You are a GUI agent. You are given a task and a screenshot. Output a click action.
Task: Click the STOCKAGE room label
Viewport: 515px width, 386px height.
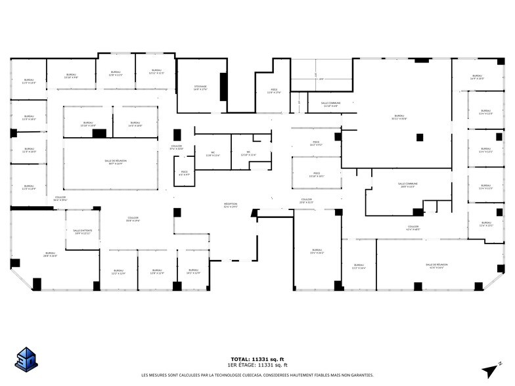click(200, 88)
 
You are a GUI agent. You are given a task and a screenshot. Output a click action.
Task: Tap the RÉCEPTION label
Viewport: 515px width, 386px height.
click(231, 205)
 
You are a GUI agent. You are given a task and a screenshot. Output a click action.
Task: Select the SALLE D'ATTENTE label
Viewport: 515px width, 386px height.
click(82, 232)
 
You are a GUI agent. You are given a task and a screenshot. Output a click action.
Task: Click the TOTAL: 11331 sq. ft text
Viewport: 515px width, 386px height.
click(257, 359)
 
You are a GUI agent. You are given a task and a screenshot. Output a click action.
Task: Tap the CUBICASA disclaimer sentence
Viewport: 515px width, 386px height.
click(257, 375)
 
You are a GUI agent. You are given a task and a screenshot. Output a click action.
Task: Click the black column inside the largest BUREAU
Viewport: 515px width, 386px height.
click(420, 137)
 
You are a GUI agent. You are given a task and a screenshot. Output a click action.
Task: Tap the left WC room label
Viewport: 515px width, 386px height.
click(213, 154)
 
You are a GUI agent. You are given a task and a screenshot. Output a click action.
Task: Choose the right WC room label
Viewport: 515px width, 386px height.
click(248, 154)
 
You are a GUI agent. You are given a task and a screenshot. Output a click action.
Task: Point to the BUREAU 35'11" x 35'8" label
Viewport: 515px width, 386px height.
click(399, 117)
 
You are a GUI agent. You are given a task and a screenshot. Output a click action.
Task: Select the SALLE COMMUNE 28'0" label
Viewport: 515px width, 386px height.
click(407, 185)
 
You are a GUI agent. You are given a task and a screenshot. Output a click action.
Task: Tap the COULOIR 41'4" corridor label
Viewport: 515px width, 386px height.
click(413, 228)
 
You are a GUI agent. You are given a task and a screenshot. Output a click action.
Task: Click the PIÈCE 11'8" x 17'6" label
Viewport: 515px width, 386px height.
click(275, 91)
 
